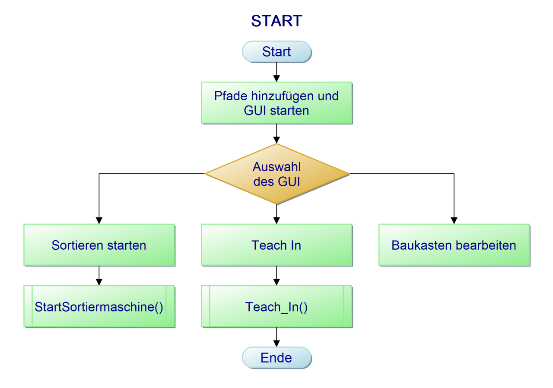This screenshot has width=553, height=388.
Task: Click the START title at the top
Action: click(x=276, y=21)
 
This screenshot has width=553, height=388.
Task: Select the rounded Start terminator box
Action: click(x=276, y=52)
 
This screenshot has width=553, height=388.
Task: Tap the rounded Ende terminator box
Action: click(x=276, y=358)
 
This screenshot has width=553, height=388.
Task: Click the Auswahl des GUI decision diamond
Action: click(x=277, y=174)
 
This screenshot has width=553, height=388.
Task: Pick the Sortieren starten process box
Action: click(x=99, y=245)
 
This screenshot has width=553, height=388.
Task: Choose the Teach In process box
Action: click(x=276, y=245)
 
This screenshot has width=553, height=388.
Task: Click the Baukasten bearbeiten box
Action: click(x=454, y=245)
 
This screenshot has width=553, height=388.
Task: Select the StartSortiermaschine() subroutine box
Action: click(x=99, y=307)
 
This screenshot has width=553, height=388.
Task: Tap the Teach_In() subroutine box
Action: click(x=276, y=307)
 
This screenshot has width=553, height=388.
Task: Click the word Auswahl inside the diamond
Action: click(x=277, y=167)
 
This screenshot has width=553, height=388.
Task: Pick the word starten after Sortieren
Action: click(x=125, y=245)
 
